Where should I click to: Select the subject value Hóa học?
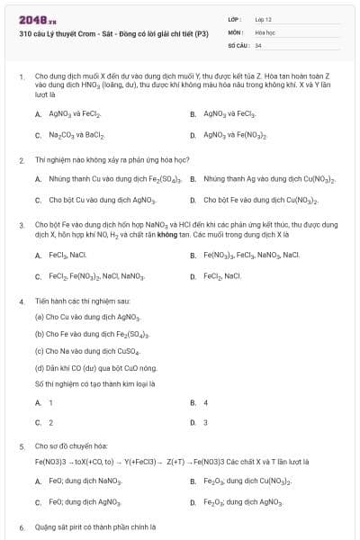point(265,31)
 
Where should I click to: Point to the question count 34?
point(258,44)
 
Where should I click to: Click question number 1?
point(21,77)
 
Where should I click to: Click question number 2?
point(21,159)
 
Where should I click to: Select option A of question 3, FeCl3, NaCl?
point(67,256)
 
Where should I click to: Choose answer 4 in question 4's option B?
point(205,402)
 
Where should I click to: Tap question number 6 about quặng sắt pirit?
point(21,526)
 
